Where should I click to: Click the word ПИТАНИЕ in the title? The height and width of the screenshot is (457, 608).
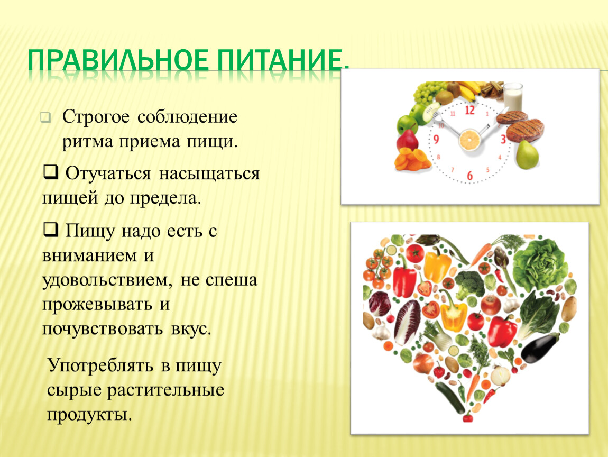[283, 60]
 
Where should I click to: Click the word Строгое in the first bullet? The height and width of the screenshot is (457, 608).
[96, 117]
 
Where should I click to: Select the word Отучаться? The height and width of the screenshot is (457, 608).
[108, 173]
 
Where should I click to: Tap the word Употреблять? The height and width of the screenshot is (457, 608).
[100, 366]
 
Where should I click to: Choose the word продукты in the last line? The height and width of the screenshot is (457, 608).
[89, 415]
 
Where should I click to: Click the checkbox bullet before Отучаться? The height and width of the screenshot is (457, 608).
[50, 171]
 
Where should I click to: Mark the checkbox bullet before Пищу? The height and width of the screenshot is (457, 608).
[50, 229]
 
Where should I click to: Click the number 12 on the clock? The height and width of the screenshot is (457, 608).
[469, 110]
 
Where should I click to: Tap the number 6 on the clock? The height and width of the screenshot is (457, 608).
[470, 176]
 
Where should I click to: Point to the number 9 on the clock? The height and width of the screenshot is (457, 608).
[436, 139]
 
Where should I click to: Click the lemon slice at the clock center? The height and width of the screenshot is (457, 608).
[469, 140]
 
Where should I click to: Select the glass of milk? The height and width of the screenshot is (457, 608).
[513, 96]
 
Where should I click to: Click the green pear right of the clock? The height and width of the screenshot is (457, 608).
[527, 155]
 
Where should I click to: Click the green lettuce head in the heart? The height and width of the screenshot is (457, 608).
[540, 264]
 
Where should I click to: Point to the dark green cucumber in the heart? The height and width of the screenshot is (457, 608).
[449, 397]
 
